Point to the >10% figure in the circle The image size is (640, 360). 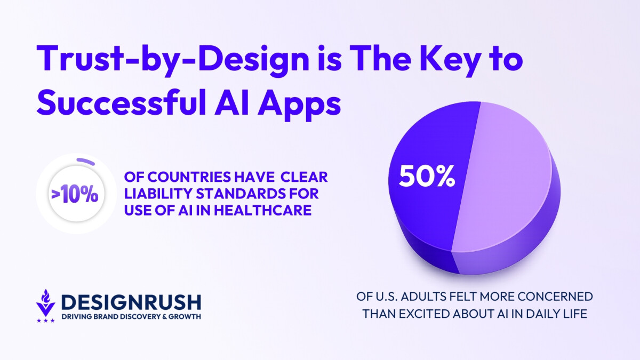(x=75, y=194)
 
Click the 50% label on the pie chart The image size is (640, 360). (x=427, y=176)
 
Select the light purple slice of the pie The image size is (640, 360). (x=502, y=177)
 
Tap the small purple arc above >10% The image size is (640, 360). (x=86, y=161)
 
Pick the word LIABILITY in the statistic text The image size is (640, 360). (x=158, y=194)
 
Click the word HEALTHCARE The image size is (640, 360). (x=263, y=211)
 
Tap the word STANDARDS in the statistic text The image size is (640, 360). (x=241, y=194)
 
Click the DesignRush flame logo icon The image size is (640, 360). (x=46, y=303)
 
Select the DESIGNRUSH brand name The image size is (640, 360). (x=131, y=302)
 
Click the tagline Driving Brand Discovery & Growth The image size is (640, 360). (x=131, y=317)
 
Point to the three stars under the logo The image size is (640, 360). (x=46, y=321)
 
